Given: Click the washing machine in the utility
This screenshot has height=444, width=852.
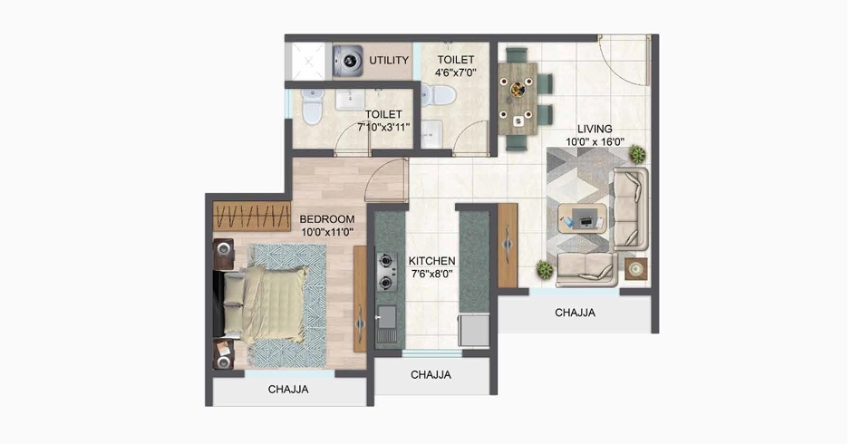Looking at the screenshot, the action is coord(348,61).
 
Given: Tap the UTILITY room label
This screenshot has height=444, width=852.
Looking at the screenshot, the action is coord(389,61).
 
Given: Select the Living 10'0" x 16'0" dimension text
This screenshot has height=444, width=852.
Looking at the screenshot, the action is coord(595,142).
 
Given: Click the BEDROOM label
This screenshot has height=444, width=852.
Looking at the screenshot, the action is coord(327,219).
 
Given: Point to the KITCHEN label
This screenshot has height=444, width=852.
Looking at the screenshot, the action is coord(432,261).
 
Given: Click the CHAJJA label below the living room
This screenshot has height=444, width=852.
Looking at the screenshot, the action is coord(575,313).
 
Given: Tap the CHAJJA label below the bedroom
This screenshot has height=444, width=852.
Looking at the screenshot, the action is coord(288,389).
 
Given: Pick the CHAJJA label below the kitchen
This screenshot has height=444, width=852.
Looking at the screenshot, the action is coord(431,374).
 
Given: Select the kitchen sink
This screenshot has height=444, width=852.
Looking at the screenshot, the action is coord(386,324).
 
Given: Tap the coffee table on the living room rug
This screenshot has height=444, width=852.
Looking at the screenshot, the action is coord(584,218).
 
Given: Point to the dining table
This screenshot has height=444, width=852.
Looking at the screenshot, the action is coord(518,99).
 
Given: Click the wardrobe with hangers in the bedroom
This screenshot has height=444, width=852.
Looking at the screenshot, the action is coord(252,216).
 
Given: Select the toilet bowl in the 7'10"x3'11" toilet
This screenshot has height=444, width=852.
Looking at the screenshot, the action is coord(313,107).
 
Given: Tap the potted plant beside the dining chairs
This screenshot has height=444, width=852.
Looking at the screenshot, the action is coord(637,154).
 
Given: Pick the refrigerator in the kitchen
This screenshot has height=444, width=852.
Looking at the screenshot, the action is coord(474,330).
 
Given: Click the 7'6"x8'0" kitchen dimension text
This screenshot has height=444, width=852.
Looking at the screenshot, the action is coord(432,274).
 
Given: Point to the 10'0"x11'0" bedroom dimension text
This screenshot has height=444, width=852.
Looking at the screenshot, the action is coord(327,232).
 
